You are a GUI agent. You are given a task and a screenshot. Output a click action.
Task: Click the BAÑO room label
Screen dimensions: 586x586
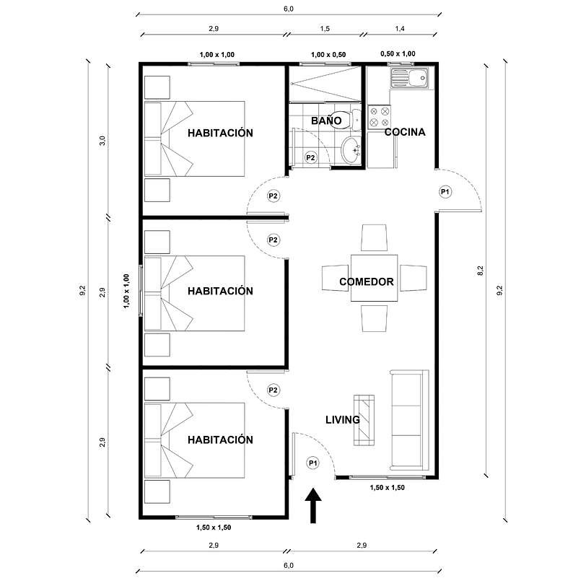[326, 121]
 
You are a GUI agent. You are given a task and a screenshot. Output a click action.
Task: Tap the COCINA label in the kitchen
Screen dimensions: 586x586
[404, 132]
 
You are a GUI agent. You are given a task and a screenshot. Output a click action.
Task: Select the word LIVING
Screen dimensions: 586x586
[342, 419]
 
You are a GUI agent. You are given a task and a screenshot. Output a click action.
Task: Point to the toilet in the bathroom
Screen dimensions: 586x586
[348, 116]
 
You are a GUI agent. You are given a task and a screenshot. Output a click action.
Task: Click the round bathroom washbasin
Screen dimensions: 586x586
[352, 150]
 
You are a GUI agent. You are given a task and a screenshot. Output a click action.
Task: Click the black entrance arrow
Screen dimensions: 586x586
[314, 506]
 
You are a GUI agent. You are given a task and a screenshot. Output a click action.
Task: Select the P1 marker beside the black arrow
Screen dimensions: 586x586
[312, 463]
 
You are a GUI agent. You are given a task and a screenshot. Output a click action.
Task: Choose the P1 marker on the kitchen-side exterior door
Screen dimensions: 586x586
[445, 192]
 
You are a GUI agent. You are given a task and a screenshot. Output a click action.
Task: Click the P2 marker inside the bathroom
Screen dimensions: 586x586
[310, 157]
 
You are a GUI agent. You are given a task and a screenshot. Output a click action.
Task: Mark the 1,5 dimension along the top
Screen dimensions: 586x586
[325, 28]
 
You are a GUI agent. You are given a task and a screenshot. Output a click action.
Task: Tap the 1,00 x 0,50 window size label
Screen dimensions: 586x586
[328, 55]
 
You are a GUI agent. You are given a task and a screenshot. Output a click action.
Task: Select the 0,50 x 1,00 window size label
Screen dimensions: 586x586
[398, 54]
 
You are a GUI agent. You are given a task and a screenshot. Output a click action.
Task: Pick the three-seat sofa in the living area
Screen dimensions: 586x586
[409, 419]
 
